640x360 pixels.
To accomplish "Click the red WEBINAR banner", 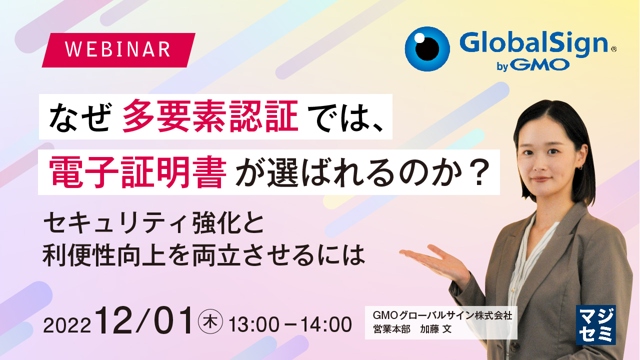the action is point(118,50).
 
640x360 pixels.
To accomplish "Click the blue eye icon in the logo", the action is point(427,49).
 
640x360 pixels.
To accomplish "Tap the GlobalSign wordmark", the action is point(533,43).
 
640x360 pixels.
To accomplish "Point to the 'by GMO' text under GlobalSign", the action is point(533,65).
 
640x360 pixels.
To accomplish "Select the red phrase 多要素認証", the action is point(210,116).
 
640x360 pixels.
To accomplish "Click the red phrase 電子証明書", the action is point(137,172).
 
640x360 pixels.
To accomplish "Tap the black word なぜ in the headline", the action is point(79,117).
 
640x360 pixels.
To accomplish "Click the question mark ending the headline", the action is point(480,172).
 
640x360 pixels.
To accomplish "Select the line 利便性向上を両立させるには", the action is point(203,255).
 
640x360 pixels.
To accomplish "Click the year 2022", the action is point(67,325).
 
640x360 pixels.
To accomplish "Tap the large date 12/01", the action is point(145,320).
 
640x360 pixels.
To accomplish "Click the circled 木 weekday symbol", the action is point(210,321).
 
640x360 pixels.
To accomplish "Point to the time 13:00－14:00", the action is point(290,324).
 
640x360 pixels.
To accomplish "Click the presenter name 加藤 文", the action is point(435,329).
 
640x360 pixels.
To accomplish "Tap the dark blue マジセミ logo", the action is point(595,325).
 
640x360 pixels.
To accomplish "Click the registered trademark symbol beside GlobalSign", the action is point(613,49).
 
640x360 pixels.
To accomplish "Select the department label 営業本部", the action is point(391,329).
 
